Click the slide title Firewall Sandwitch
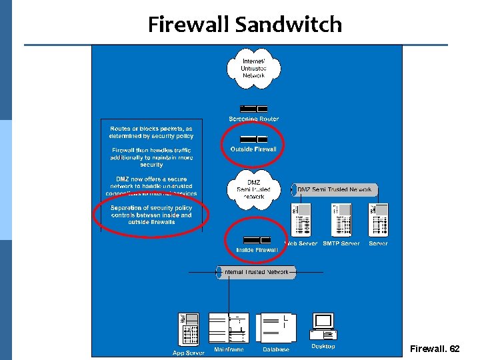(245, 25)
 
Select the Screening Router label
(253, 119)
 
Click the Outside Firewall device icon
(253, 139)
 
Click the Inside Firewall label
(257, 250)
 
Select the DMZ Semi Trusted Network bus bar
(334, 190)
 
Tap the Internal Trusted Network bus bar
(257, 272)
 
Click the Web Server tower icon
(301, 219)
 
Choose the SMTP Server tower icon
(341, 219)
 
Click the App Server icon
(189, 329)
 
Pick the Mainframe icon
(229, 328)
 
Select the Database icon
(275, 328)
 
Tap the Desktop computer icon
(323, 325)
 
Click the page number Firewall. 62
(434, 349)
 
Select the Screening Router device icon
(253, 109)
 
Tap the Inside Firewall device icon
(257, 239)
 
